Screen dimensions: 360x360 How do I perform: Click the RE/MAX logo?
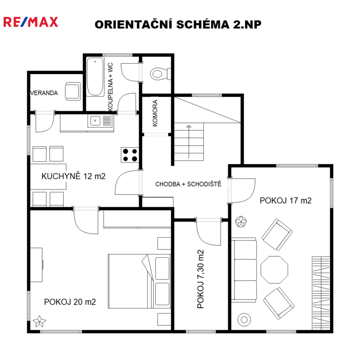(31, 22)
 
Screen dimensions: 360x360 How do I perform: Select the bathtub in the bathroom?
(95, 76)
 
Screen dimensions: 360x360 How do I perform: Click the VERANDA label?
(44, 93)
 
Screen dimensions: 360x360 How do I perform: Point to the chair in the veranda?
(73, 91)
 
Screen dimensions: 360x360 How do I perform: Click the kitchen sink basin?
(95, 120)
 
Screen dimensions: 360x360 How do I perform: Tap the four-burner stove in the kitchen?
(130, 155)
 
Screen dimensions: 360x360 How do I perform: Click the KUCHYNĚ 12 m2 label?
(74, 176)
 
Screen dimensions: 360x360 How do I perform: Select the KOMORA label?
(155, 113)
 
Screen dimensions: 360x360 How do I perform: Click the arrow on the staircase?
(189, 142)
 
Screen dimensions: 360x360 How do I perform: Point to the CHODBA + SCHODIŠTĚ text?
(188, 184)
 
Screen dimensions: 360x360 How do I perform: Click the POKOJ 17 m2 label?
(285, 201)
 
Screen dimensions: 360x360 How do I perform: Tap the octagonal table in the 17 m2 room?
(274, 270)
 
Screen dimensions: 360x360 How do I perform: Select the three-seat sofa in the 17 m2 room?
(244, 270)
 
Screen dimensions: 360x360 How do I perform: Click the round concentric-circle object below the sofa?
(244, 320)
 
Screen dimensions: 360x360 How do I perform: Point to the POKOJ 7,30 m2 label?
(201, 279)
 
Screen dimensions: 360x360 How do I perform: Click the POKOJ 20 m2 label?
(70, 302)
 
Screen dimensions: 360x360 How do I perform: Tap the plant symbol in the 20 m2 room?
(39, 321)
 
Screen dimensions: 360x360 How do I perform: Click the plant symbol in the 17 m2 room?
(241, 222)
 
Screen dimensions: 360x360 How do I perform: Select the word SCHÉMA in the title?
(203, 24)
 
